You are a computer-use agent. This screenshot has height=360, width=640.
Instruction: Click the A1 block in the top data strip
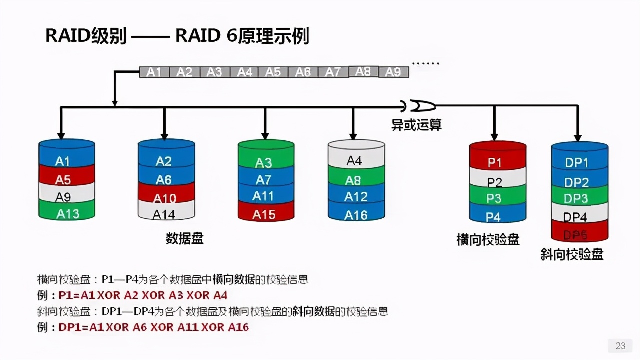pyautogui.click(x=154, y=72)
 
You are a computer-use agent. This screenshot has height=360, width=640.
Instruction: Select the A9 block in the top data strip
pyautogui.click(x=394, y=72)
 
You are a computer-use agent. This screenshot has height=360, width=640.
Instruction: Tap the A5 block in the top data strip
pyautogui.click(x=273, y=72)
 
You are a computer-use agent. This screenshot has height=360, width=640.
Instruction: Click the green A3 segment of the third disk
pyautogui.click(x=265, y=162)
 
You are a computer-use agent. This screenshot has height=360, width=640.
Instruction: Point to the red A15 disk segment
pyautogui.click(x=265, y=214)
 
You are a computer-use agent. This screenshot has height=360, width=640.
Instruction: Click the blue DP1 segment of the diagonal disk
pyautogui.click(x=579, y=162)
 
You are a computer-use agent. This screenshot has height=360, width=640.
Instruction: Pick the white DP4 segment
pyautogui.click(x=579, y=217)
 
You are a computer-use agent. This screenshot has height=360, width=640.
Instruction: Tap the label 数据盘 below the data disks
pyautogui.click(x=184, y=238)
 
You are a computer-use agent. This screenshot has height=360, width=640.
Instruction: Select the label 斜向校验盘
pyautogui.click(x=572, y=254)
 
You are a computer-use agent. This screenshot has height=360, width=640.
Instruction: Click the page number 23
pyautogui.click(x=620, y=346)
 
